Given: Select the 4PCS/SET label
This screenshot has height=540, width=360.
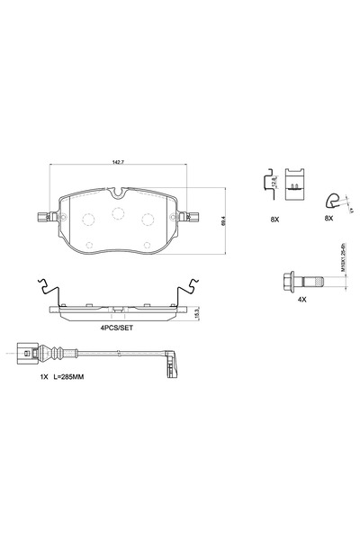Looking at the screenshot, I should point(117,329).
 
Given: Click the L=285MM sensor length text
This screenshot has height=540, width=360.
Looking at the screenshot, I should point(76,380).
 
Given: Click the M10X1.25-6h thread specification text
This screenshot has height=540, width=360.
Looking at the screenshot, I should point(346,267).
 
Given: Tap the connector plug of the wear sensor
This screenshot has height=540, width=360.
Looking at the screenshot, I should point(26,352).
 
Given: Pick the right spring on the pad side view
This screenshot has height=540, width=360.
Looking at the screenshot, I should point(190,290).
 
